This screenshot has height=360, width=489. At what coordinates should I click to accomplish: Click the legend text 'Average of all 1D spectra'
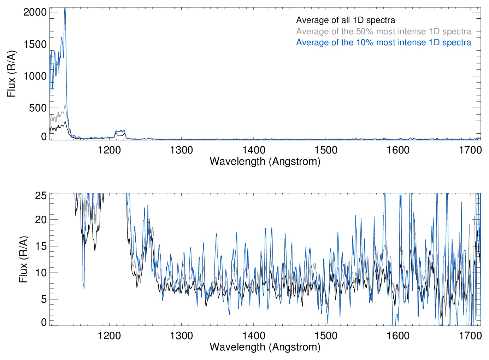(x=345, y=20)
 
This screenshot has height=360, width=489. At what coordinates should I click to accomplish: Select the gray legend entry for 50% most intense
(x=383, y=31)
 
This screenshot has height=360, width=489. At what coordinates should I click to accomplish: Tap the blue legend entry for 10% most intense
(x=383, y=42)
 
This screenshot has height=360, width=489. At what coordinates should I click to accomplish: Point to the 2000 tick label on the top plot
(x=35, y=12)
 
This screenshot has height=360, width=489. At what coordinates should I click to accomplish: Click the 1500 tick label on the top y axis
(x=35, y=44)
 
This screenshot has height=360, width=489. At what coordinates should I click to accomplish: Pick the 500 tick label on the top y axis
(x=38, y=108)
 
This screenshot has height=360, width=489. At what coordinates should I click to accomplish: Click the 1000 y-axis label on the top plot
(x=35, y=76)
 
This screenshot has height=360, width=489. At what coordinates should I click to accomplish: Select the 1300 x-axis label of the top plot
(x=181, y=150)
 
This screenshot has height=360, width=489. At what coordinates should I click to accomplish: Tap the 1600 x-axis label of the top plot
(x=398, y=150)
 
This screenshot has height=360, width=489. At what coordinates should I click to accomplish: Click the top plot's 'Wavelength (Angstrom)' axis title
(x=265, y=161)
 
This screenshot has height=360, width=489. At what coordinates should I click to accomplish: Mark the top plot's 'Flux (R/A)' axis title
(x=12, y=74)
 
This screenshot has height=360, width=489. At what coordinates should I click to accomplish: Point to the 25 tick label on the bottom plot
(x=41, y=196)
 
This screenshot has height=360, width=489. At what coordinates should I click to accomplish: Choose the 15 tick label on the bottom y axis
(x=41, y=246)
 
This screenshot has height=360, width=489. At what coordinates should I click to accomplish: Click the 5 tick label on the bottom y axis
(x=44, y=299)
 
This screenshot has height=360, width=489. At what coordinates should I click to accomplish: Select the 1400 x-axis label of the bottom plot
(x=254, y=335)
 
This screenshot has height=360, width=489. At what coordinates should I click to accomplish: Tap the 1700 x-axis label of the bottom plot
(x=470, y=335)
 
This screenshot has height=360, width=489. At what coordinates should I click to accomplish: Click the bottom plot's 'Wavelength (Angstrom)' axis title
(x=265, y=347)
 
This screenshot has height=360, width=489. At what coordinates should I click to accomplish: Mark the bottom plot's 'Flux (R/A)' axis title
(x=23, y=259)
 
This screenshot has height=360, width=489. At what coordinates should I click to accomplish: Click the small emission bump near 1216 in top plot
(x=120, y=133)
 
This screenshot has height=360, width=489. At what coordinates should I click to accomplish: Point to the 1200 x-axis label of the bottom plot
(x=109, y=335)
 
